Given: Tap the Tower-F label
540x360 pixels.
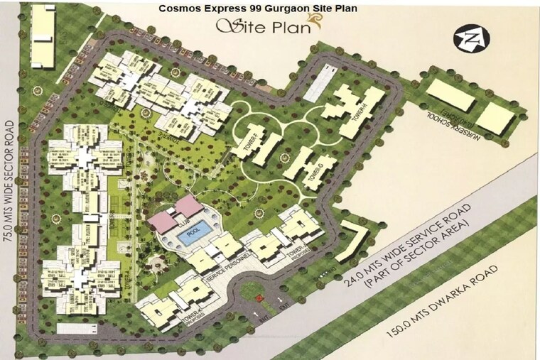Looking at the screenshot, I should (248, 134).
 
